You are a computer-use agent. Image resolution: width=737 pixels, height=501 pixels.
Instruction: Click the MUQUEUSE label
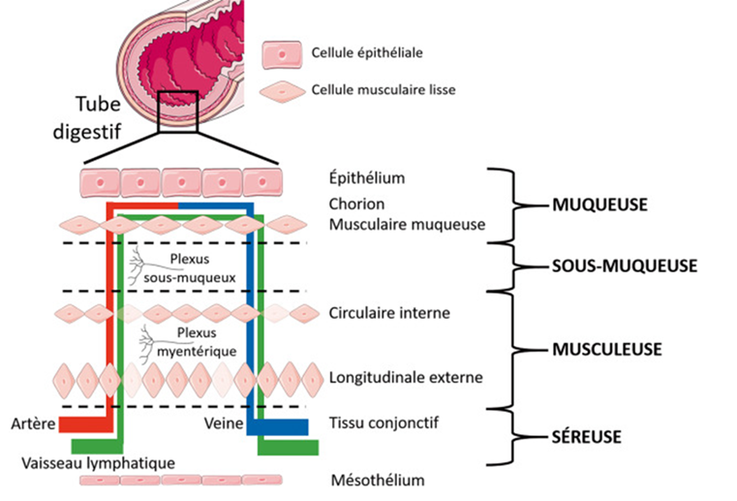click(598, 205)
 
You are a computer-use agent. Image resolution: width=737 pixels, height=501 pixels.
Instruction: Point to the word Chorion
click(357, 204)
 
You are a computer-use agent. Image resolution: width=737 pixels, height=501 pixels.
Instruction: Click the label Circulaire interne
click(389, 314)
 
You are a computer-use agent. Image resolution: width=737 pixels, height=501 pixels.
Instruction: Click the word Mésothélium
click(377, 480)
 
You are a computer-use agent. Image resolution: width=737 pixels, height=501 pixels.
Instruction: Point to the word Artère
click(32, 423)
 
